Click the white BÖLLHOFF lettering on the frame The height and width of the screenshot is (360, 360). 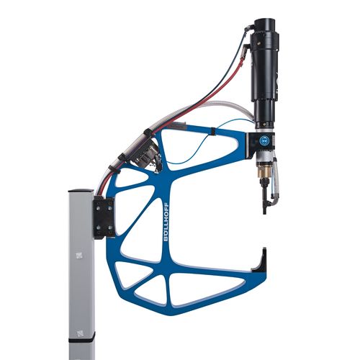pos(166,222)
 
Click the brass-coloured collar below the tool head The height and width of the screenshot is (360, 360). pos(263,171)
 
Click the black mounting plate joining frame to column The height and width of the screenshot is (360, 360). pos(103,217)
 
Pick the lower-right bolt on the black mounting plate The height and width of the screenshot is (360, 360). pos(110,228)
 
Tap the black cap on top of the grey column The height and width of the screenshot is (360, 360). pos(81,191)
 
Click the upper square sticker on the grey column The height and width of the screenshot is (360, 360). pos(78,256)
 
